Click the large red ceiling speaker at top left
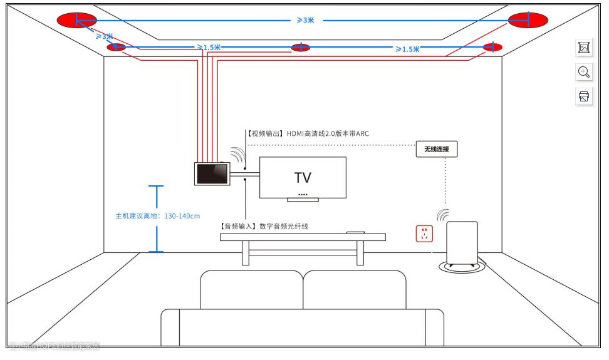point(77,20)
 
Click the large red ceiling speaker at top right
point(528,20)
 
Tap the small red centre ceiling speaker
point(301,47)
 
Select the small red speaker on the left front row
point(116,47)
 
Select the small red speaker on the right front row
point(492,47)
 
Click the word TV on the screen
point(303,177)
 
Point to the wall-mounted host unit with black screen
point(211,173)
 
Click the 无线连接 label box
point(437,150)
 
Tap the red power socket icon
point(424,234)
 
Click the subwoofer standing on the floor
point(461,245)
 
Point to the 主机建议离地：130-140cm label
point(157,216)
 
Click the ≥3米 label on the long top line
point(305,20)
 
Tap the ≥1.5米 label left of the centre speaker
point(208,47)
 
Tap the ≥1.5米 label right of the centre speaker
point(407,49)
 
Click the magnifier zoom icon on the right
point(584,72)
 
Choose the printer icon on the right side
point(584,96)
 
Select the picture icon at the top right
point(584,48)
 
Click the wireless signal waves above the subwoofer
point(443,215)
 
